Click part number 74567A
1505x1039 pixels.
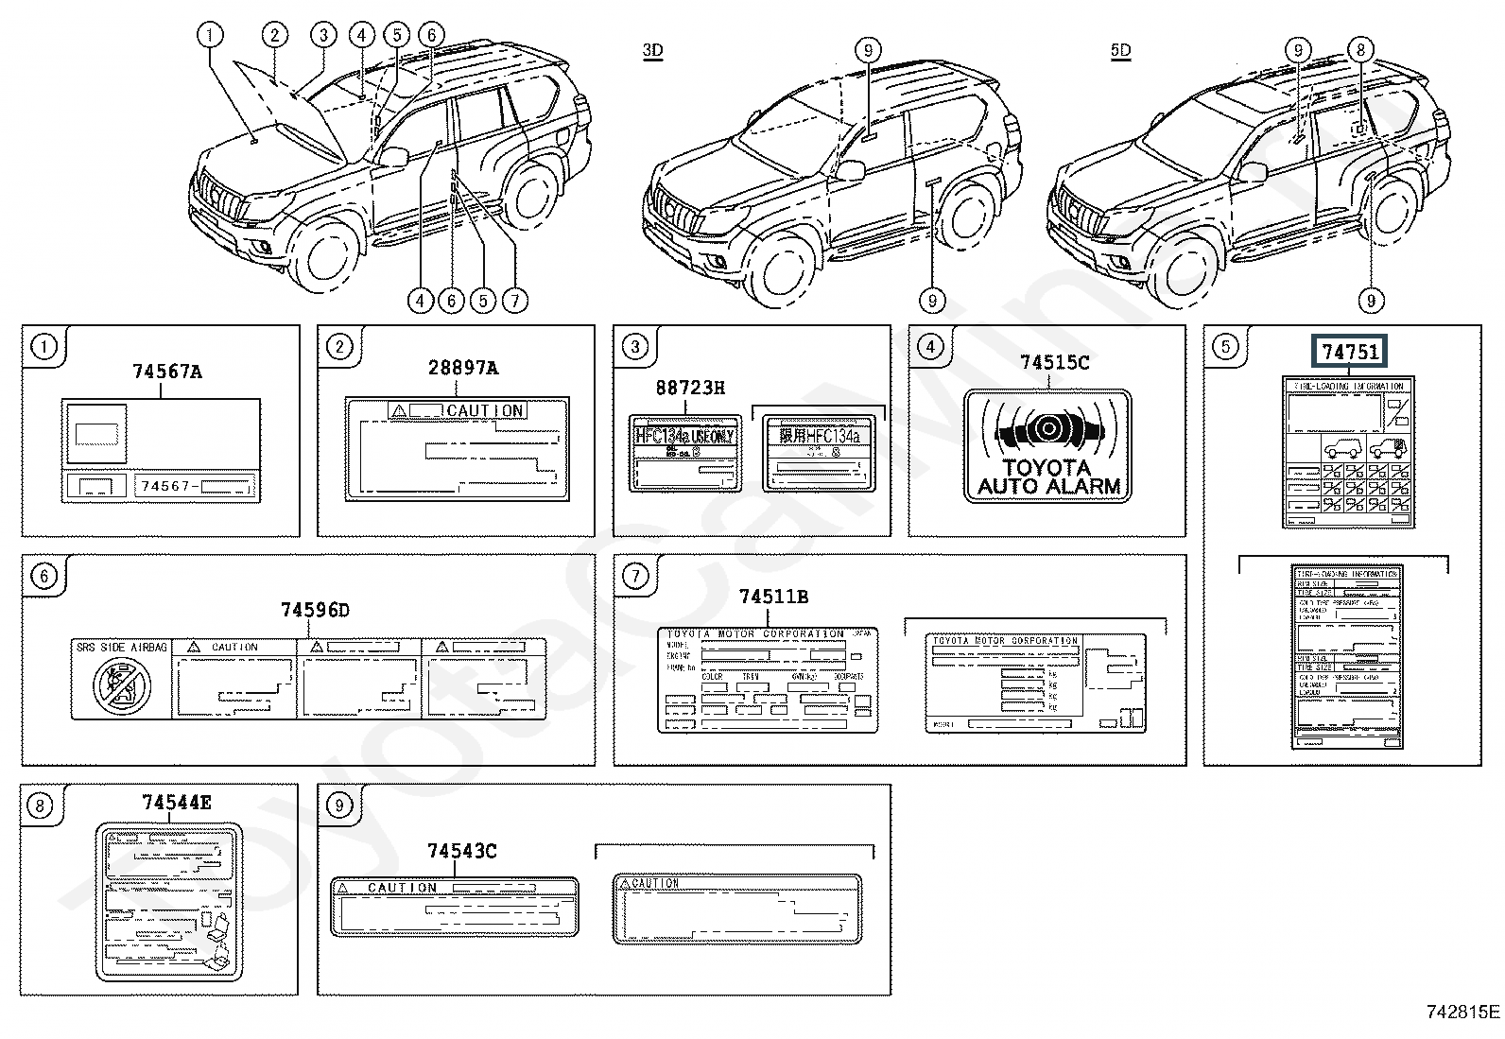point(166,372)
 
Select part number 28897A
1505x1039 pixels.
point(462,368)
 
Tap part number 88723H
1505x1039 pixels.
point(690,388)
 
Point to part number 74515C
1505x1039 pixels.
point(1054,362)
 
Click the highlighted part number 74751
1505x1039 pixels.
point(1350,353)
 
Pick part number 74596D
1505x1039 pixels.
point(315,611)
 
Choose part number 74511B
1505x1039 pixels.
point(773,597)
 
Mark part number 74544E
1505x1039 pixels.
point(177,803)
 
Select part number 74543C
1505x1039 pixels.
point(461,851)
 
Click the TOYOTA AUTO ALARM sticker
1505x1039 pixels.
point(1047,445)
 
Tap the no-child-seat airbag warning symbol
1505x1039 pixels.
point(121,685)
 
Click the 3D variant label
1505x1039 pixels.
point(652,50)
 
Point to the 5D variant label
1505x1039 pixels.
point(1120,50)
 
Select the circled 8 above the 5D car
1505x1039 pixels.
point(1359,50)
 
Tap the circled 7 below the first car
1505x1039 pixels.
point(513,301)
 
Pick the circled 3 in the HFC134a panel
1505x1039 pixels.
point(634,347)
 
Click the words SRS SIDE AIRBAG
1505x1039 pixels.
point(122,648)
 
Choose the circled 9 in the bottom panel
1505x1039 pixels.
point(337,805)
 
